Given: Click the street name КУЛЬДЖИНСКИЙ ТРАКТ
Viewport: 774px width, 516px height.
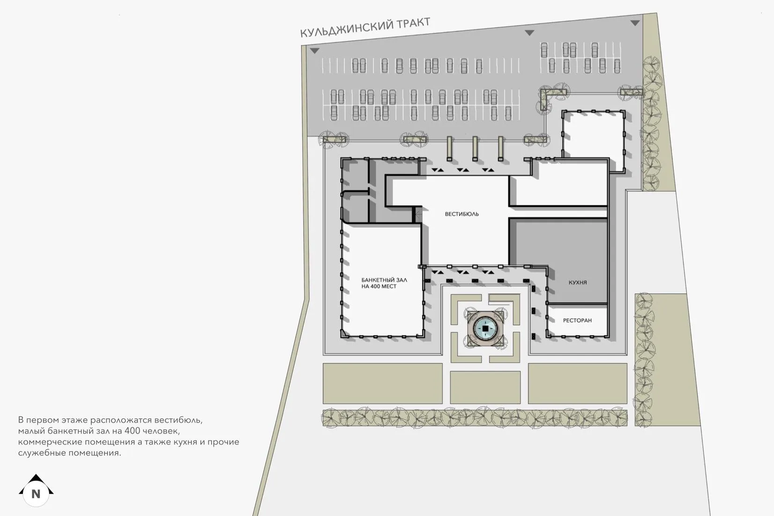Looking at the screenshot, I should (x=365, y=28).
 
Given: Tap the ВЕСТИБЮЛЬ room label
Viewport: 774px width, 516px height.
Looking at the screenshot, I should (x=461, y=214).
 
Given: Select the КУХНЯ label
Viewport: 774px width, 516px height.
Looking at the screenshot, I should (x=578, y=282).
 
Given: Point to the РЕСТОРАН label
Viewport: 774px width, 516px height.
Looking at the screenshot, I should (x=577, y=320).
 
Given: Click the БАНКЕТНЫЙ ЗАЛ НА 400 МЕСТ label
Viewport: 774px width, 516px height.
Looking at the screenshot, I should (x=384, y=283).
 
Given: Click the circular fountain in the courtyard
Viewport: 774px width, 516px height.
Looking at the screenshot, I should (x=486, y=330).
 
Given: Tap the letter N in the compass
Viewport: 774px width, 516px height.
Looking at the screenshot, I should (x=36, y=494).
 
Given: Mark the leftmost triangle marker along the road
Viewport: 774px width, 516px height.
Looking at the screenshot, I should (x=314, y=51).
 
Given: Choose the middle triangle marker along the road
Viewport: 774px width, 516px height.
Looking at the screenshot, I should (x=529, y=33).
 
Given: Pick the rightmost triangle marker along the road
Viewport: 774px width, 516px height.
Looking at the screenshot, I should (x=635, y=23).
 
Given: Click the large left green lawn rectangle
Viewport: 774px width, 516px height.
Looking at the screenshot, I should (x=382, y=383).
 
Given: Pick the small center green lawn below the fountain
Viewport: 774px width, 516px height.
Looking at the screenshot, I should (x=485, y=387).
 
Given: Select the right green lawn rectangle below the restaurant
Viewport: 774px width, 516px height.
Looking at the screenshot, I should (x=577, y=383).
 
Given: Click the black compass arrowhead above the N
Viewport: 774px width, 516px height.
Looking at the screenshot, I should (x=36, y=479).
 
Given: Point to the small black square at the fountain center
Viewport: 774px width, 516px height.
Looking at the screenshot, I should (x=486, y=330).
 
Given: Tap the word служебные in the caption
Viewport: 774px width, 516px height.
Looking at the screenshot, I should (x=42, y=453).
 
